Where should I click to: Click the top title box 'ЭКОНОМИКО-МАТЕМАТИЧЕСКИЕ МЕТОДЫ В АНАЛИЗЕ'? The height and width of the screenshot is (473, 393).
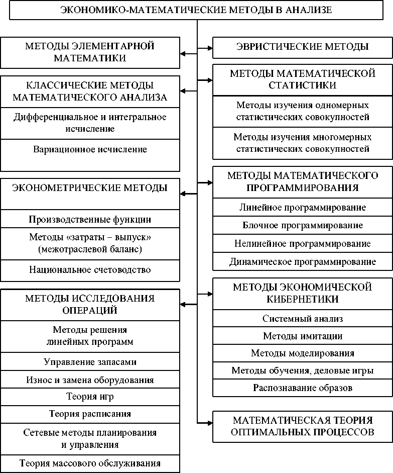pos(196,10)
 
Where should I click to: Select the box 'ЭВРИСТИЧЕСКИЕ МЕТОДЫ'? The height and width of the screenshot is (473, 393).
pos(302,47)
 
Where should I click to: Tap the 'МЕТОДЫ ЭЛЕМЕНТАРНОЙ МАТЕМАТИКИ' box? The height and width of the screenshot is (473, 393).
pos(90,52)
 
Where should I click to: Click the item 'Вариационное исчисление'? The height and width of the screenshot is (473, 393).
pos(90,149)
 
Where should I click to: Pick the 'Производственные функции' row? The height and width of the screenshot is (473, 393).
pos(90,220)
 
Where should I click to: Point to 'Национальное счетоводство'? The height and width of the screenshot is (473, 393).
pos(90,270)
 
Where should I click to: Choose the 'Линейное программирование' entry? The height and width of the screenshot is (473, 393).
pos(302,207)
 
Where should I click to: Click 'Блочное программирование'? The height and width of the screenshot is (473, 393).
pos(302,225)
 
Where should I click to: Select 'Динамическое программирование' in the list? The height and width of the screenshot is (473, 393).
pos(302,261)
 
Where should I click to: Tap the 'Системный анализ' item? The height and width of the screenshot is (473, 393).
pos(302,318)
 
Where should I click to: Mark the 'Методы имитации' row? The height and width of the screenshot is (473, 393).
pos(302,336)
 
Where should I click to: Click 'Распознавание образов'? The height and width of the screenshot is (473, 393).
pos(302,388)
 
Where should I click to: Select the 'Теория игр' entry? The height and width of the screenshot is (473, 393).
pos(90,397)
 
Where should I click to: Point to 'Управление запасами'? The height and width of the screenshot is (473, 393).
pos(90,362)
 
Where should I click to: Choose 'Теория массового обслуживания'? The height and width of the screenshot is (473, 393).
pos(90,463)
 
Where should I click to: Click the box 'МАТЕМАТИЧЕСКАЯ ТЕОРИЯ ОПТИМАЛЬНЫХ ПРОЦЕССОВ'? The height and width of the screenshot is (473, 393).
pos(302,426)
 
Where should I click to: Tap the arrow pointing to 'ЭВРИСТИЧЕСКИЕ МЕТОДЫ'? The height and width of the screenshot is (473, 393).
pos(206,48)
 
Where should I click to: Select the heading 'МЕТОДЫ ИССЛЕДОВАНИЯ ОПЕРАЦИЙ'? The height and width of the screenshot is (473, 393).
pos(90,304)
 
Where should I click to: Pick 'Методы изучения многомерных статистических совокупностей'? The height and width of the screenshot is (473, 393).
pos(302,143)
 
